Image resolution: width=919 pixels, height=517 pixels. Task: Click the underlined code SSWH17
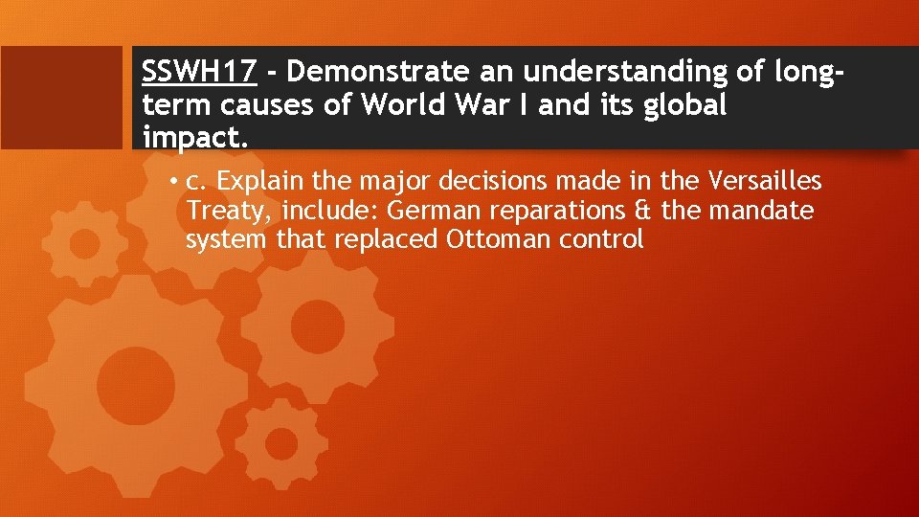tap(198, 71)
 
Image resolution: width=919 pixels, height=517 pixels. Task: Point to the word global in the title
tap(685, 103)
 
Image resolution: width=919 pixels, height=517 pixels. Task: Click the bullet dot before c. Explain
tap(175, 182)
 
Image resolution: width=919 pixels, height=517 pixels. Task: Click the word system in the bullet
tap(227, 239)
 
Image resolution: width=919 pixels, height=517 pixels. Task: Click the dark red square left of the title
tap(61, 97)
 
